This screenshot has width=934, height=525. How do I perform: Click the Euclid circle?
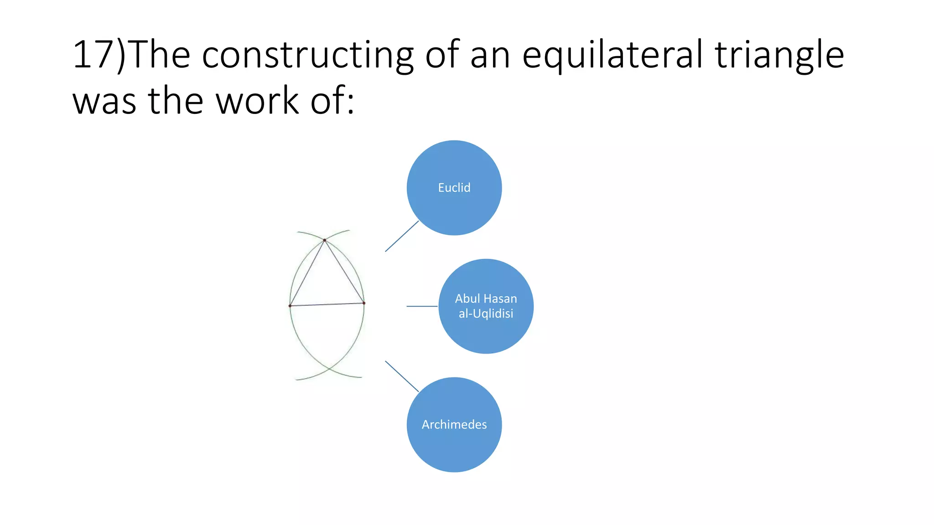[454, 188]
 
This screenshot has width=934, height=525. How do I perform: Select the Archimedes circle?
[454, 425]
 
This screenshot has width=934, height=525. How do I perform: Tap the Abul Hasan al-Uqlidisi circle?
[486, 306]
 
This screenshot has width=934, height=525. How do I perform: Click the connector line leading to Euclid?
[402, 236]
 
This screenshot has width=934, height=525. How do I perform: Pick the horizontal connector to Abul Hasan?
[422, 306]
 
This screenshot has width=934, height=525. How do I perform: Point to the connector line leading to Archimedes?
[402, 376]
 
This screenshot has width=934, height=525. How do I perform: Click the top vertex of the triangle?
[325, 240]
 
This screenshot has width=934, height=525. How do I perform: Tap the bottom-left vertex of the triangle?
[290, 306]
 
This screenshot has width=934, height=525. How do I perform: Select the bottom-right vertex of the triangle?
[364, 303]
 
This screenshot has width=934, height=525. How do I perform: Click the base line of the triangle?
[327, 304]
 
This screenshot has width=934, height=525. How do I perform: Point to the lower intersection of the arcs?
[329, 368]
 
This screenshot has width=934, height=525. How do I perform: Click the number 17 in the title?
[93, 55]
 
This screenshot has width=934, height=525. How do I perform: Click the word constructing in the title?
[307, 55]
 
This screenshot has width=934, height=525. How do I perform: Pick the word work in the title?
[257, 101]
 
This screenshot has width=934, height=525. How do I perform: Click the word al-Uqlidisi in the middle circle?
[486, 314]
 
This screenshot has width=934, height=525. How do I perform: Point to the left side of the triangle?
[307, 273]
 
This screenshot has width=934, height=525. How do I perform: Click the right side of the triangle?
[344, 272]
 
